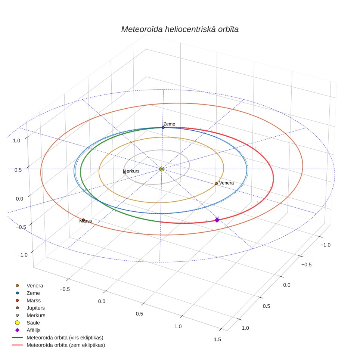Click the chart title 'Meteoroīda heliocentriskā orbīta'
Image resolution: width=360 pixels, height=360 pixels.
coord(180,30)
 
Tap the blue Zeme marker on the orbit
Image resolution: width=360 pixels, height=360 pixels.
coord(163,127)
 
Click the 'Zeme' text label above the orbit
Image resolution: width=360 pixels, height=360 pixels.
coord(169,124)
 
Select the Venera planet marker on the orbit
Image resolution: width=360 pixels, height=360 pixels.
coord(216,184)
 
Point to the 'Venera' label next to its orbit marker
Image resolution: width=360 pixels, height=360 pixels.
coord(226,183)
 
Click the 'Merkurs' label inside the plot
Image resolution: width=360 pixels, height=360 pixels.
coord(131,171)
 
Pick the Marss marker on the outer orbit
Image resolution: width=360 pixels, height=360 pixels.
coord(83,220)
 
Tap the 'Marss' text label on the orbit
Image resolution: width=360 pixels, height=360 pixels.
coord(86,221)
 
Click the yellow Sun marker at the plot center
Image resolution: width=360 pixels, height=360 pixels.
coord(162,169)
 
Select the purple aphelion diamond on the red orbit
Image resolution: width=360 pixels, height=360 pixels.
coord(217,220)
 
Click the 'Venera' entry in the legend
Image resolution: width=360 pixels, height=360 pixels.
coord(35,286)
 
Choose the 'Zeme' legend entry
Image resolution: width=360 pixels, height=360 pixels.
coord(33,293)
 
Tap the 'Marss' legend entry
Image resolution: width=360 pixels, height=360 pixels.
coord(34,301)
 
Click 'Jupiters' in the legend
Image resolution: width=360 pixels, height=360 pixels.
coord(35,308)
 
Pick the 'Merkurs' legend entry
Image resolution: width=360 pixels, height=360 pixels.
coord(36,316)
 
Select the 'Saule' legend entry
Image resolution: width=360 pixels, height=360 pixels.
coord(33,323)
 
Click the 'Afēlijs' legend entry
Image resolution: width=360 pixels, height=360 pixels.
coord(34,330)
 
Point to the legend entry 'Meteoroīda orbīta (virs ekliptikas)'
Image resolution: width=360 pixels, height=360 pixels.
coord(65,338)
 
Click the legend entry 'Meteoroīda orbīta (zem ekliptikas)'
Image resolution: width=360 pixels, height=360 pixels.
coord(66,345)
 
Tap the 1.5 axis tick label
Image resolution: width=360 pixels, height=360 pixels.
coord(217,339)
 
